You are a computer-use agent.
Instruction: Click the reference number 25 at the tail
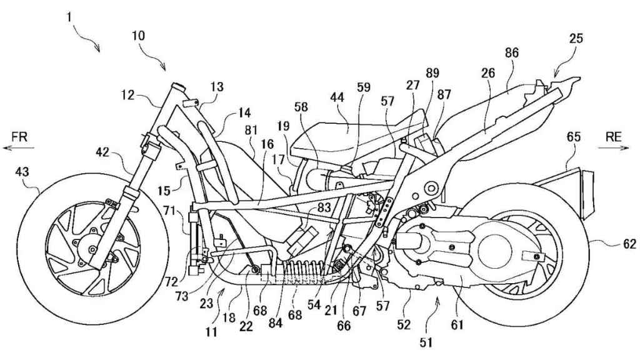(x=576, y=39)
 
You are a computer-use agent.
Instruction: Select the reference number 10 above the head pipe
(x=138, y=36)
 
